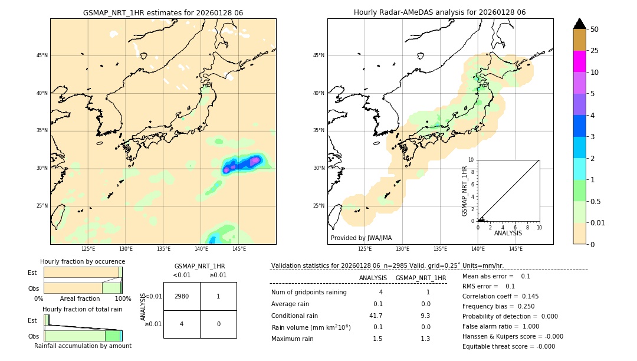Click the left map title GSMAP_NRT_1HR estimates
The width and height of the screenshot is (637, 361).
pos(163,12)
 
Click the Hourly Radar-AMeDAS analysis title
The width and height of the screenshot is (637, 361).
pos(440,12)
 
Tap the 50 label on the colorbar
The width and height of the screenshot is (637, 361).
pos(595,29)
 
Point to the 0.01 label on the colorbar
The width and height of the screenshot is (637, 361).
pos(598,223)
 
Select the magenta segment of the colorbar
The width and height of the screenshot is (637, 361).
pos(580,61)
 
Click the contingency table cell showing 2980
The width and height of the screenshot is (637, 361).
pos(182,296)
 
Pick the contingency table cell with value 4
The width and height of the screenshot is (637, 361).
pos(182,324)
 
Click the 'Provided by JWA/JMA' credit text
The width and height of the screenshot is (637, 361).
pos(361,238)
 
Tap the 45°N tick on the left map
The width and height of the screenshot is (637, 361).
pos(42,55)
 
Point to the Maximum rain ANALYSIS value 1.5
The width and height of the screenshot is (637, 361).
pos(377,339)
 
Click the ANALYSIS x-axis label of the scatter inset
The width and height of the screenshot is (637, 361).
pos(508,233)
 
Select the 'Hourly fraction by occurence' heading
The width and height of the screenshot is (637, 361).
pos(83,261)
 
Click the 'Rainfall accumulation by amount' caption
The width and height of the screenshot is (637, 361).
pos(83,346)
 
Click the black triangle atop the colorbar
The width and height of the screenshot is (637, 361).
pos(580,24)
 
